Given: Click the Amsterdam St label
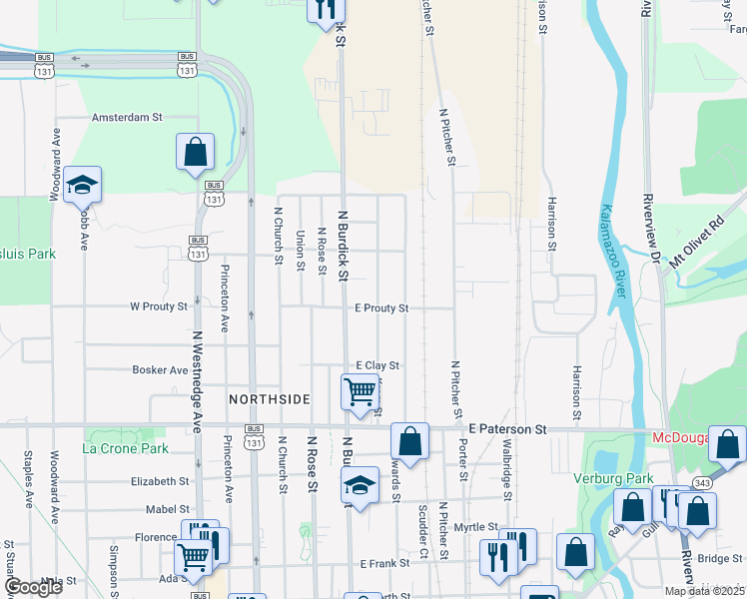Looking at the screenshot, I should pyautogui.click(x=127, y=117).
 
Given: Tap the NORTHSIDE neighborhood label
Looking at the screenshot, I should pyautogui.click(x=270, y=398).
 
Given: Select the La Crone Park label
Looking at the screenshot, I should pyautogui.click(x=126, y=448).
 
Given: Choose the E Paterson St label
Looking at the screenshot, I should pyautogui.click(x=508, y=428).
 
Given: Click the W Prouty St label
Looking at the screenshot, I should pyautogui.click(x=159, y=306).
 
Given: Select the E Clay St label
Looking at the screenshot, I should pyautogui.click(x=377, y=366).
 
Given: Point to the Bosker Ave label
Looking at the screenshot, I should pyautogui.click(x=160, y=369).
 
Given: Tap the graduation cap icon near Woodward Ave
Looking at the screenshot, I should pyautogui.click(x=83, y=185).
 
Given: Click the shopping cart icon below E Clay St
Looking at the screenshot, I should pyautogui.click(x=361, y=390).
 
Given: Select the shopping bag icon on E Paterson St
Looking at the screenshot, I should pyautogui.click(x=409, y=440).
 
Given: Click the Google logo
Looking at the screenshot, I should pyautogui.click(x=33, y=587).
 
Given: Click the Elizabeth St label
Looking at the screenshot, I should pyautogui.click(x=161, y=480).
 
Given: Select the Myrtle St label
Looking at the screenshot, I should pyautogui.click(x=476, y=526).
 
